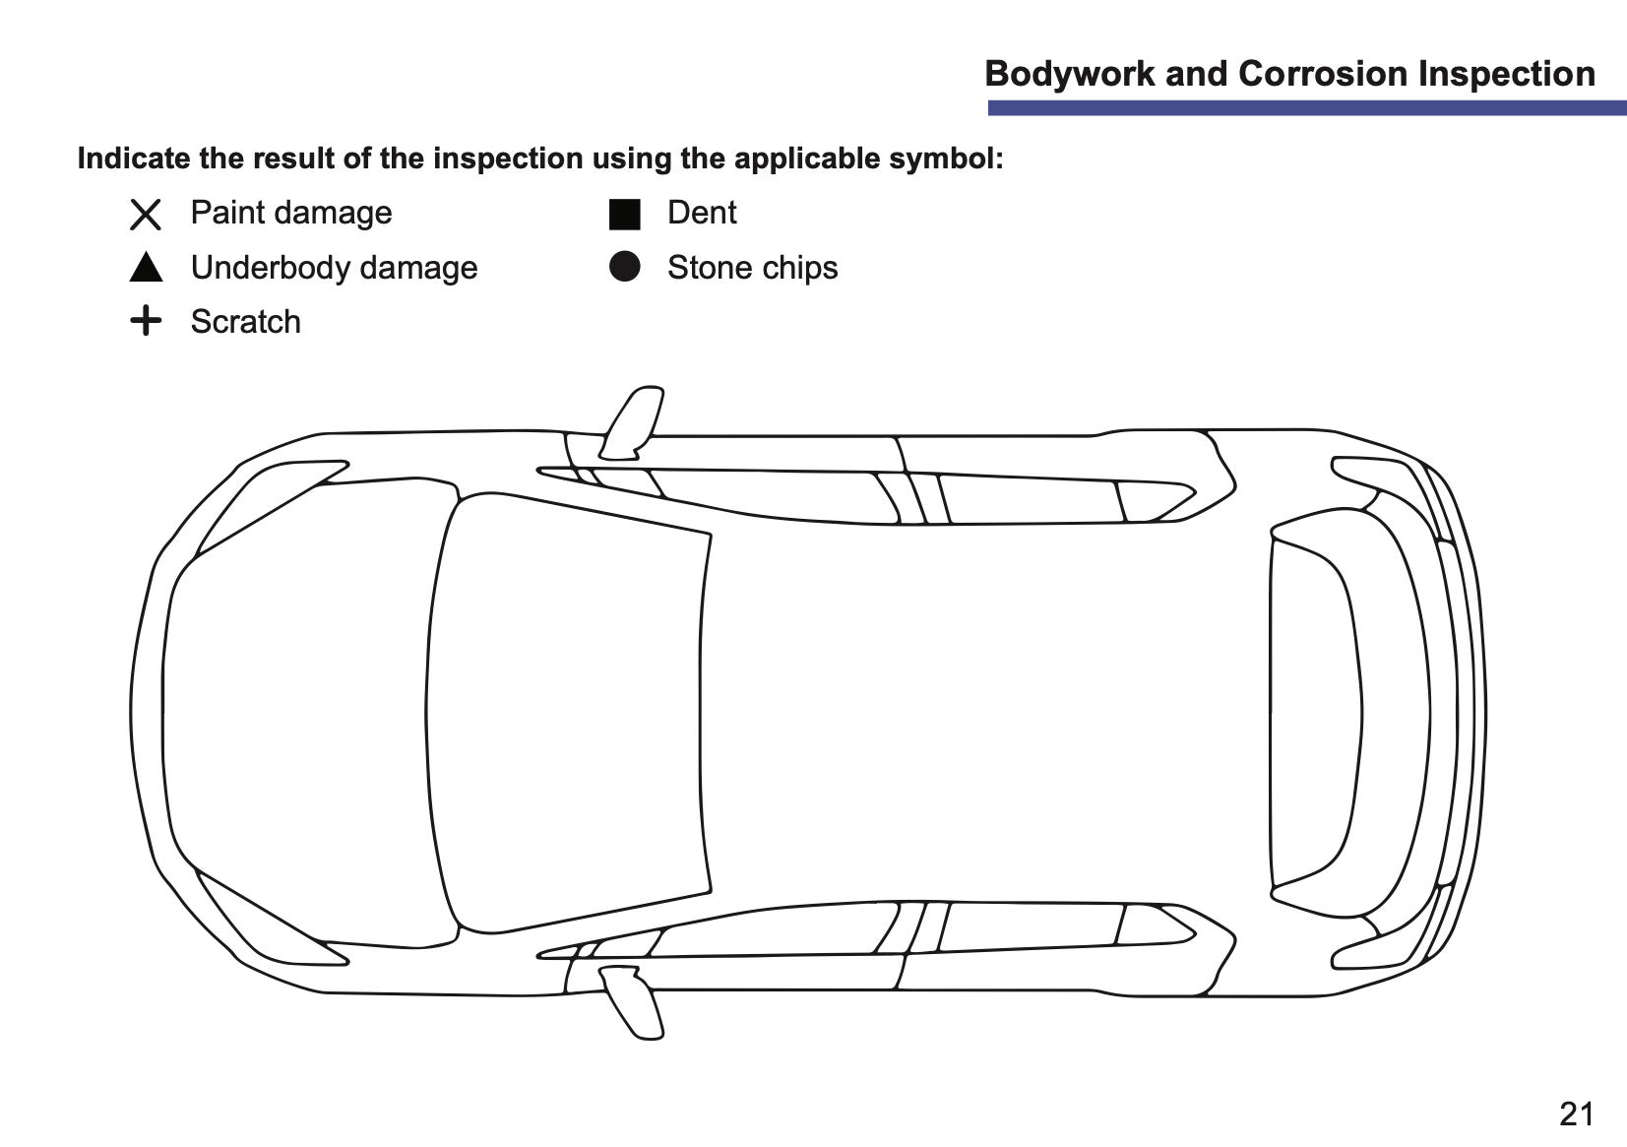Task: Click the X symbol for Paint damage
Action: click(146, 215)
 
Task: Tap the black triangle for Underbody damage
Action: click(146, 268)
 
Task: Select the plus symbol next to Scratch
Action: click(146, 320)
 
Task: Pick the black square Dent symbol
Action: click(625, 215)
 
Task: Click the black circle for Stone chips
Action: click(625, 267)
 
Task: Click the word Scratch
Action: click(245, 321)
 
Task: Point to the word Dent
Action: click(702, 213)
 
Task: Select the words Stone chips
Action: click(753, 268)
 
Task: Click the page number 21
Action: click(1576, 1114)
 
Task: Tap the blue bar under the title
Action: click(1307, 108)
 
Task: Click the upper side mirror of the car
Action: click(631, 422)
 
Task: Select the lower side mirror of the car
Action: click(631, 1002)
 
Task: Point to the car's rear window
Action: click(1315, 713)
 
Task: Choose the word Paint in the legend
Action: click(228, 213)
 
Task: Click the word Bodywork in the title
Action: click(1070, 74)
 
